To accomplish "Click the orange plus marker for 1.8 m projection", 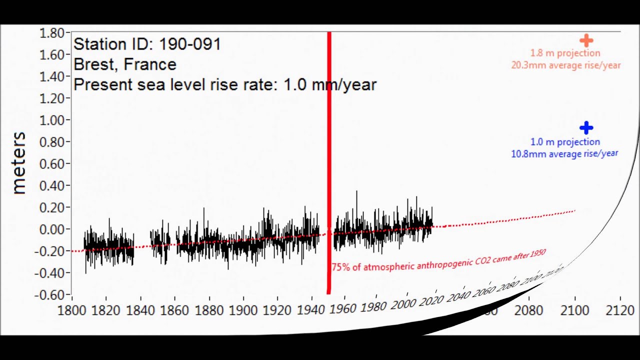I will (x=586, y=40).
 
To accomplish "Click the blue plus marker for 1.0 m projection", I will (x=586, y=128).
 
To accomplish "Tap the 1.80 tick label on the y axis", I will (x=52, y=33).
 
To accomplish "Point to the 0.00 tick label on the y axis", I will (x=52, y=229).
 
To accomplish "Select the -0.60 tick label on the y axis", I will (x=50, y=295).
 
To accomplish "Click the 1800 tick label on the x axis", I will (x=74, y=310).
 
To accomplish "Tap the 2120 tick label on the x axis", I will (x=619, y=310).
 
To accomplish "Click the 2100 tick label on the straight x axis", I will (x=574, y=310).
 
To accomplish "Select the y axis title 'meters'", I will (x=19, y=162).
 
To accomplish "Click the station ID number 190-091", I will (x=190, y=44).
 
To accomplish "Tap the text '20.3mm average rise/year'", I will (x=565, y=65).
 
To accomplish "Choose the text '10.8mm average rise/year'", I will (x=564, y=154).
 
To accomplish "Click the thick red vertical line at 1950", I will (x=329, y=150).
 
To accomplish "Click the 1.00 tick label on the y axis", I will (x=52, y=120).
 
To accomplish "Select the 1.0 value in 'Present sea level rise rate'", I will (x=293, y=84).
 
